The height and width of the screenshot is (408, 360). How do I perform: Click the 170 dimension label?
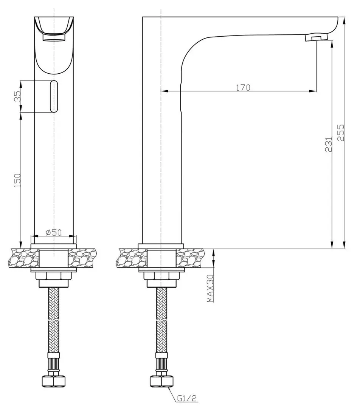[x=243, y=88]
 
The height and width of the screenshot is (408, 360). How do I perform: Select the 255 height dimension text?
[x=340, y=133]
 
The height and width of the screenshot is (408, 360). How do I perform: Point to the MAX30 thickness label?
[x=211, y=289]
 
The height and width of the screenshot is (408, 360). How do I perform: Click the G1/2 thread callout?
[x=186, y=398]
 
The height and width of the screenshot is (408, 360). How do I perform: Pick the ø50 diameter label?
[x=53, y=233]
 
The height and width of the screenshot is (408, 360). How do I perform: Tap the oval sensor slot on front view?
[x=54, y=96]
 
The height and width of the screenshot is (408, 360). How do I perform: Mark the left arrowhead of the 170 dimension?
[x=164, y=91]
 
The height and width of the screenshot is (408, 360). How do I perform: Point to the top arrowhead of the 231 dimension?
[x=332, y=43]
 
